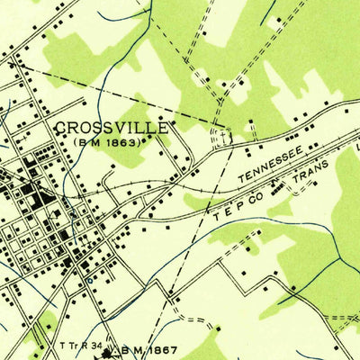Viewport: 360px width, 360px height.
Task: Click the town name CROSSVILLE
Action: [x=112, y=127]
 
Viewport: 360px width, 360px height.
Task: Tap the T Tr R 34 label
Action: [x=79, y=346]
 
